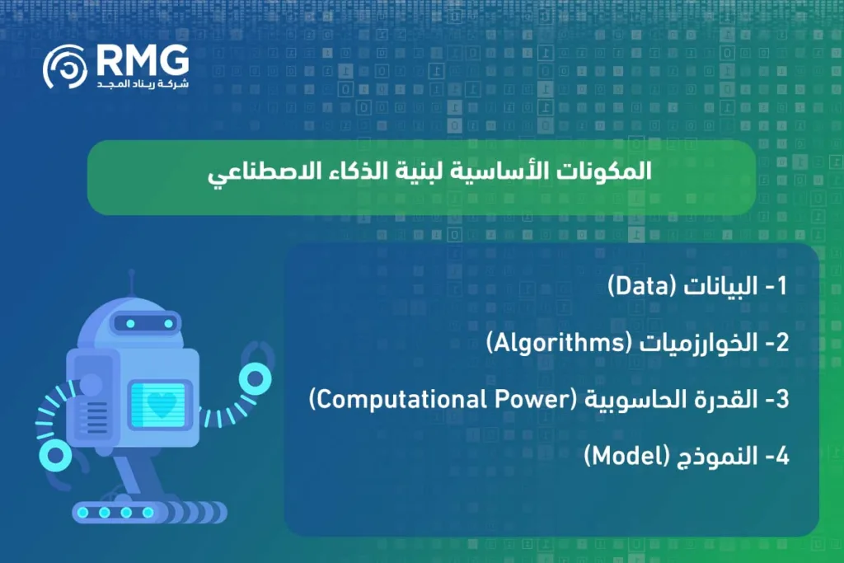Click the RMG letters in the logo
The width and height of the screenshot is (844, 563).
click(x=142, y=59)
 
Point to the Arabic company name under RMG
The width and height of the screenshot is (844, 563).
click(x=143, y=84)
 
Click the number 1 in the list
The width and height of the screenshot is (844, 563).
click(x=783, y=286)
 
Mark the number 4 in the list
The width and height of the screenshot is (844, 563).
click(x=782, y=457)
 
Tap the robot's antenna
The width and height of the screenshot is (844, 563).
click(x=130, y=285)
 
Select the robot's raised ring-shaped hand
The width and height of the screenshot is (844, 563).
click(x=255, y=378)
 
